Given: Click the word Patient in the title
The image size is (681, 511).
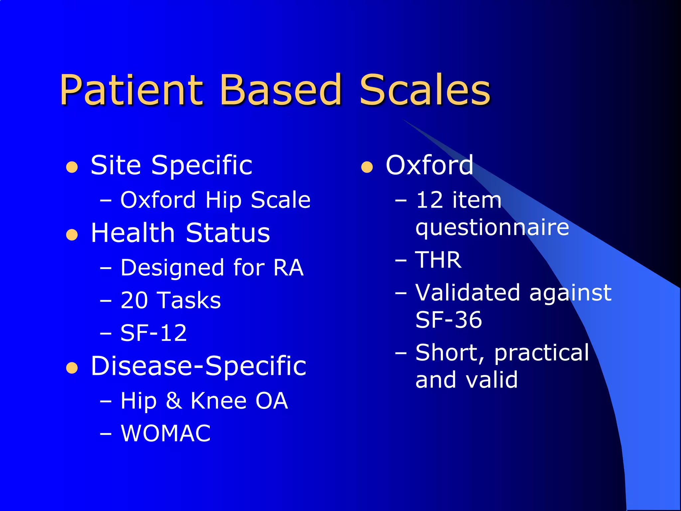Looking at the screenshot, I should tap(131, 90).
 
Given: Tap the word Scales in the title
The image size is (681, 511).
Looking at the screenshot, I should tap(425, 90).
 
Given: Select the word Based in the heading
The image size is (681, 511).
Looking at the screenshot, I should tap(281, 90).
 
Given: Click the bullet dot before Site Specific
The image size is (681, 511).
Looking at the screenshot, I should tap(72, 167).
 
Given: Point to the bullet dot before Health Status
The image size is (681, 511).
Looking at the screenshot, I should tap(72, 235).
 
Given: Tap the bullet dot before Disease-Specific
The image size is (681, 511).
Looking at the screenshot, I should tap(72, 368).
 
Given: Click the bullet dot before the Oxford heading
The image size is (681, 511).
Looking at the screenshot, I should tap(367, 167).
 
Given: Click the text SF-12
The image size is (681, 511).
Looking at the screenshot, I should tap(154, 333).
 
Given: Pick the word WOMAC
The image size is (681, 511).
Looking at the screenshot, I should tap(166, 433).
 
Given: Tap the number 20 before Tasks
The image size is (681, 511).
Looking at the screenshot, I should tap(134, 300).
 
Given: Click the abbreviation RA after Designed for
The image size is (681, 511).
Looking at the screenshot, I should tap(288, 268).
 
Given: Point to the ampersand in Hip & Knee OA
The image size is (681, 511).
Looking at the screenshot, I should tap(173, 401).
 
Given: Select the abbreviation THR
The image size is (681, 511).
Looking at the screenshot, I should tap(438, 260).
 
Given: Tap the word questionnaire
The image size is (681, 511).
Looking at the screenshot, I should tap(492, 228).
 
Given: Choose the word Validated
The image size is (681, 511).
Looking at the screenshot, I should tap(468, 293).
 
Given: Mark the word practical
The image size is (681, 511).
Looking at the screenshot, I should tap(541, 353).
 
